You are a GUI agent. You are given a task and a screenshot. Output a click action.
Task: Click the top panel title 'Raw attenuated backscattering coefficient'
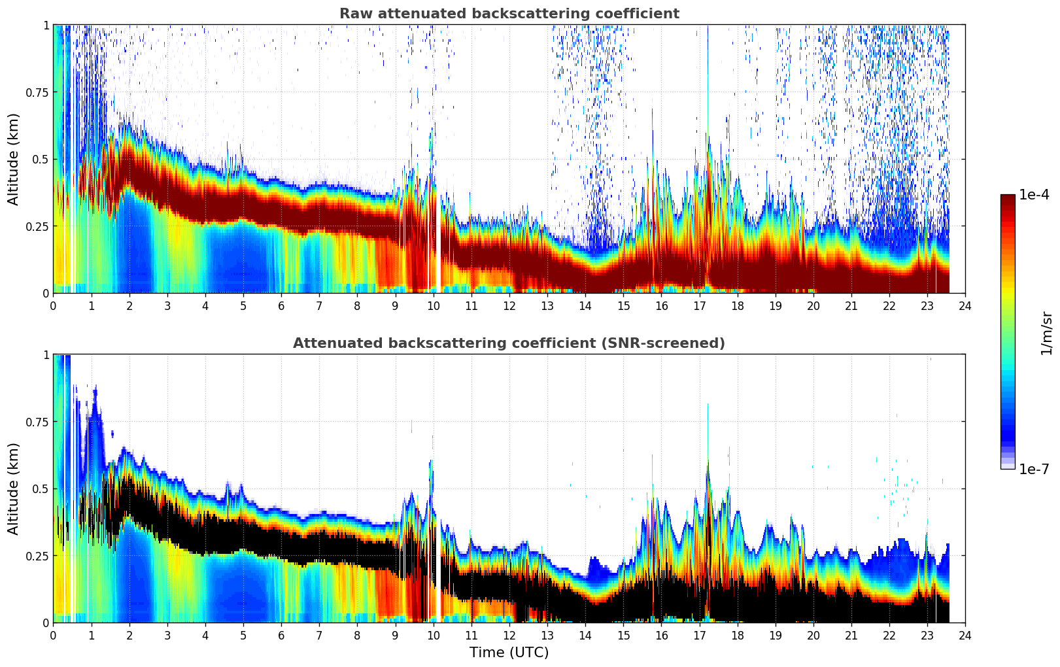pyautogui.click(x=509, y=14)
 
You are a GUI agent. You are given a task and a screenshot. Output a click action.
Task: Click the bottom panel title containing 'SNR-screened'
pyautogui.click(x=509, y=343)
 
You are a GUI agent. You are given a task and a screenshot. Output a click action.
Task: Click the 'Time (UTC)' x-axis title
pyautogui.click(x=509, y=653)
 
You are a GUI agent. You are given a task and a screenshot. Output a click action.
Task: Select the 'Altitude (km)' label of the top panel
pyautogui.click(x=13, y=159)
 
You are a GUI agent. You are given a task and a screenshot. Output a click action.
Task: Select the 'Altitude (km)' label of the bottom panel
pyautogui.click(x=13, y=488)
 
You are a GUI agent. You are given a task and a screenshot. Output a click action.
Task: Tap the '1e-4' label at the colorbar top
pyautogui.click(x=1034, y=195)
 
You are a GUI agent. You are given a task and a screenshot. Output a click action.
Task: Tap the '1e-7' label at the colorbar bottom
pyautogui.click(x=1034, y=469)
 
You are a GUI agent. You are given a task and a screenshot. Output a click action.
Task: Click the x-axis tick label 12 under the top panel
pyautogui.click(x=509, y=305)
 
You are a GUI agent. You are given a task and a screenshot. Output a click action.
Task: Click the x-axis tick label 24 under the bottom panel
pyautogui.click(x=965, y=635)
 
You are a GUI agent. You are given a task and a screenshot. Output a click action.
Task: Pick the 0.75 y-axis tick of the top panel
pyautogui.click(x=37, y=92)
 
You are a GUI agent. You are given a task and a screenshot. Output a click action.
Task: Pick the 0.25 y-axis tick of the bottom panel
pyautogui.click(x=37, y=556)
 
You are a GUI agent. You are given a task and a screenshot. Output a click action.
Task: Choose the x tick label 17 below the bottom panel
pyautogui.click(x=699, y=635)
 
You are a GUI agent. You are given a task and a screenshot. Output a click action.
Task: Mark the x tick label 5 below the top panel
pyautogui.click(x=243, y=305)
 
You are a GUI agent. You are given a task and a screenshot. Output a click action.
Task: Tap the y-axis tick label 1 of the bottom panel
pyautogui.click(x=46, y=355)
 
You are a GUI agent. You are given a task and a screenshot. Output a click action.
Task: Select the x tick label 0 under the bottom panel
pyautogui.click(x=53, y=635)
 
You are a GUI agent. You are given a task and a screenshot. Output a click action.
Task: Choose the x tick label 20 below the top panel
pyautogui.click(x=813, y=305)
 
